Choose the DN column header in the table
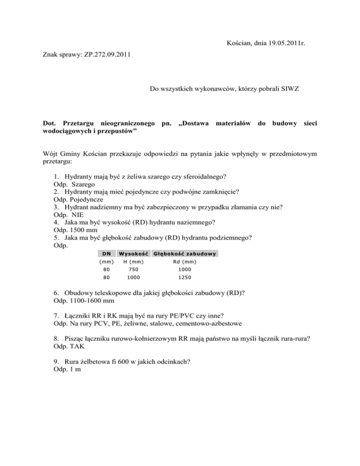tap(106, 254)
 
